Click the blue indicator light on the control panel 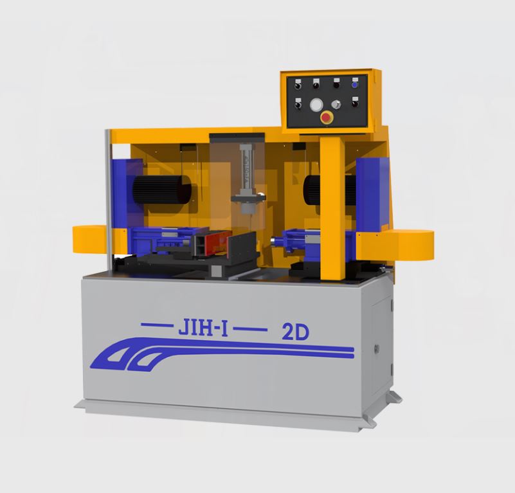tap(354, 83)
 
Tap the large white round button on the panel tap(316, 105)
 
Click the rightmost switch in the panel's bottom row tap(354, 101)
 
